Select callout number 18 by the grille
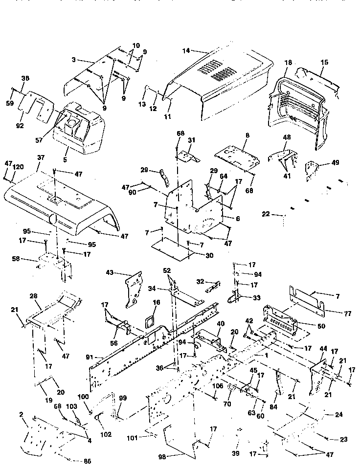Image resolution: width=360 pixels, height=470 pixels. pyautogui.click(x=288, y=63)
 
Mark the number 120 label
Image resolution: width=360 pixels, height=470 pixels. pyautogui.click(x=18, y=167)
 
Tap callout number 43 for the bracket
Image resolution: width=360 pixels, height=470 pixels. pyautogui.click(x=110, y=272)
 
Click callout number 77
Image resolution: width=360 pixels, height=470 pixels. pyautogui.click(x=334, y=310)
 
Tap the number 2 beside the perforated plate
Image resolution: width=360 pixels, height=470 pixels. pyautogui.click(x=21, y=414)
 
